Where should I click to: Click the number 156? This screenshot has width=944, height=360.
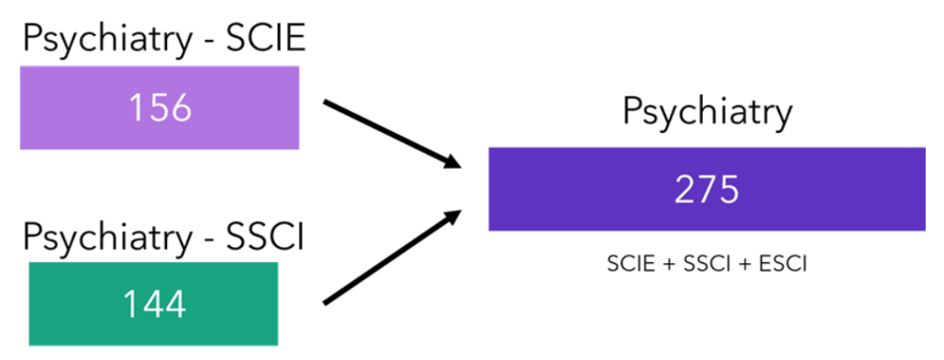(160, 107)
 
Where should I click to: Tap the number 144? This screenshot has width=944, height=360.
(154, 304)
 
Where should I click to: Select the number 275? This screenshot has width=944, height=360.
(706, 190)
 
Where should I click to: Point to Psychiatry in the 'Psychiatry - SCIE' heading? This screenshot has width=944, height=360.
(101, 41)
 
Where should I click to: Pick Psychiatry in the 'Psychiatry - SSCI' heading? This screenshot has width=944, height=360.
(101, 238)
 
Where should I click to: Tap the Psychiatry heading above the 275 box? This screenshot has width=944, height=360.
(707, 113)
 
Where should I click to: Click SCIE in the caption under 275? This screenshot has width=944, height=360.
(628, 263)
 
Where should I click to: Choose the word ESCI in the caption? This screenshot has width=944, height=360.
(781, 263)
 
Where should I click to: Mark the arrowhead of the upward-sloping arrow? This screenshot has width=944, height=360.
(453, 215)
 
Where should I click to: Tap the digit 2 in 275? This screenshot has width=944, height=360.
(685, 190)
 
